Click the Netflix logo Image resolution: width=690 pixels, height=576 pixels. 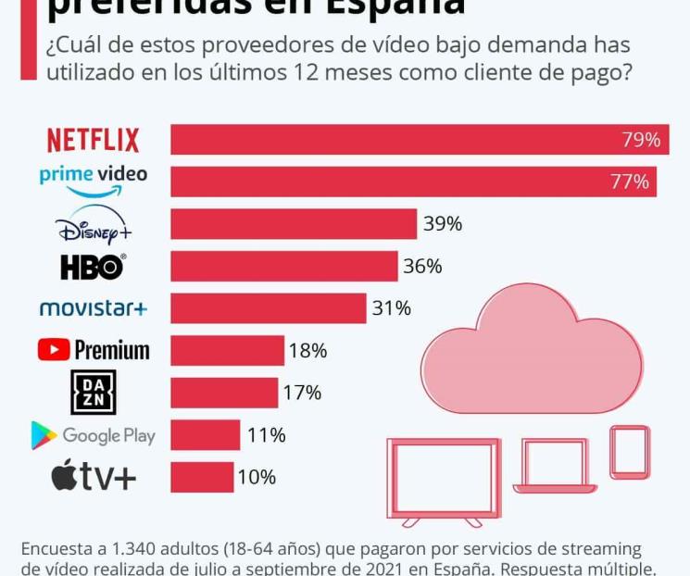(93, 140)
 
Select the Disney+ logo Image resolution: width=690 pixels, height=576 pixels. (93, 224)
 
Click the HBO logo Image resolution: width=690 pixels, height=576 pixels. (93, 267)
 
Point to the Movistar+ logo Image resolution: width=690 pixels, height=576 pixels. (93, 308)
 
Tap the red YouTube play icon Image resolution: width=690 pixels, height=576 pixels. (54, 350)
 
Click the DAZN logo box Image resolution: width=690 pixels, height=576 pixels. (94, 393)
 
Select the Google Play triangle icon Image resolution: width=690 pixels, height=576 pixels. (44, 435)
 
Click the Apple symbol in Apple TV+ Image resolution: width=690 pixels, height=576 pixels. (64, 476)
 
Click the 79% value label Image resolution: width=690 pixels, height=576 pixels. (640, 140)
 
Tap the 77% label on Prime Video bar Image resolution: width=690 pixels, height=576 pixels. (629, 182)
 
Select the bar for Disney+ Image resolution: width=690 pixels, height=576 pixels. (294, 224)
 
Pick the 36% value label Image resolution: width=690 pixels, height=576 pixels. (422, 267)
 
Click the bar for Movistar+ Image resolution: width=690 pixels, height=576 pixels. (269, 308)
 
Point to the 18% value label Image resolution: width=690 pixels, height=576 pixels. (307, 351)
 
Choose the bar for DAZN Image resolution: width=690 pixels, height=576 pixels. (224, 393)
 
